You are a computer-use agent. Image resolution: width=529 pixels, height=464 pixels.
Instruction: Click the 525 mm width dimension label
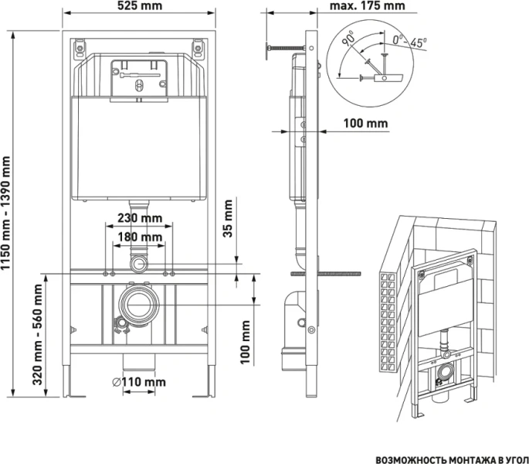[x=141, y=6]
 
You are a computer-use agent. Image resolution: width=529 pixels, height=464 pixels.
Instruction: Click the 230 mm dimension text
[x=139, y=217]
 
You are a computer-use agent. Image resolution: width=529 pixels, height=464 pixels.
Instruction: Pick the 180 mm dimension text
[x=139, y=237]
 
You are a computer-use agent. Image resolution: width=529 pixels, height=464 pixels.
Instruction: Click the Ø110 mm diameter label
[x=140, y=381]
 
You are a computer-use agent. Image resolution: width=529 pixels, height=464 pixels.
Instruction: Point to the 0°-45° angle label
[x=410, y=39]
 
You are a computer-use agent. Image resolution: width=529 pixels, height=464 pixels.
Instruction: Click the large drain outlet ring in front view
[x=139, y=304]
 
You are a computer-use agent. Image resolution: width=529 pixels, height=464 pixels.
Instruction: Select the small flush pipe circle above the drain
[x=139, y=264]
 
